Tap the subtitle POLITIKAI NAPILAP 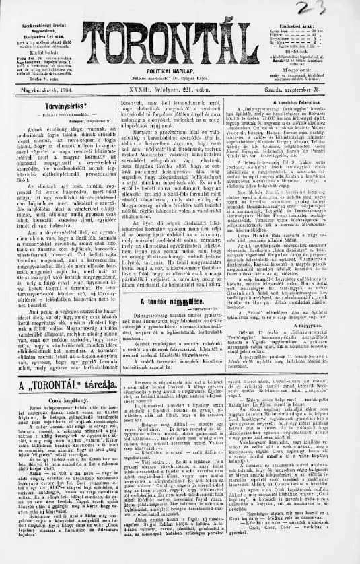coord(180,79)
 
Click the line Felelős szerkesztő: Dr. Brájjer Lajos coord(180,87)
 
